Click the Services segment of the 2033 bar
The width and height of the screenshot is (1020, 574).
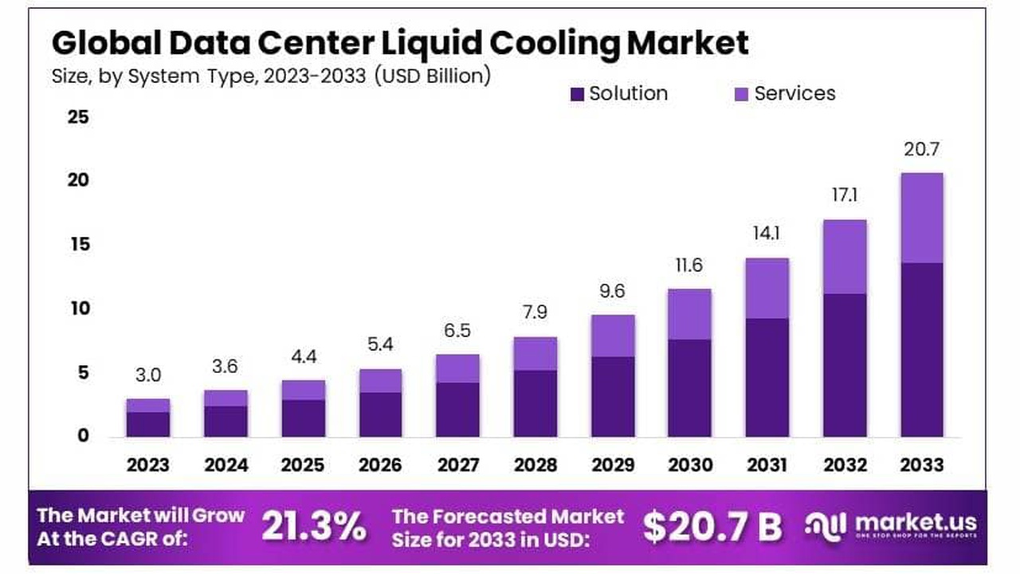pos(922,218)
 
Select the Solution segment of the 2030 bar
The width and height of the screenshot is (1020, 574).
pos(689,388)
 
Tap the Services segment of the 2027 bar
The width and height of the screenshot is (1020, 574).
pos(457,368)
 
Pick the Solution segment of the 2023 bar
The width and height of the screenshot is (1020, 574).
pos(148,424)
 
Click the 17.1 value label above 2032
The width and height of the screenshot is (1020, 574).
pos(845,195)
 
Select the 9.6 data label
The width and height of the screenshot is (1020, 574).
pos(612,292)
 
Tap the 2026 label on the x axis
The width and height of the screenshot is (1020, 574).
pos(380,465)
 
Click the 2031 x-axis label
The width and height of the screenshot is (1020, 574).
pos(767,465)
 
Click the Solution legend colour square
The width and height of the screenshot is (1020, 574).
pos(578,94)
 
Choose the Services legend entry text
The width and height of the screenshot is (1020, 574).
pos(794,93)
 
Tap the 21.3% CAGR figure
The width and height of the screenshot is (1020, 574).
pos(315,526)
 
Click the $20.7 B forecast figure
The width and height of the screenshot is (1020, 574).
pos(712,526)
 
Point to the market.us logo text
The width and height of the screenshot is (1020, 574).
pos(916,522)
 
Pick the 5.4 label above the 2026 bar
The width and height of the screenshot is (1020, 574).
pos(380,345)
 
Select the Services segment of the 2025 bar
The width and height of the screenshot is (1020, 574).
pos(303,390)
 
